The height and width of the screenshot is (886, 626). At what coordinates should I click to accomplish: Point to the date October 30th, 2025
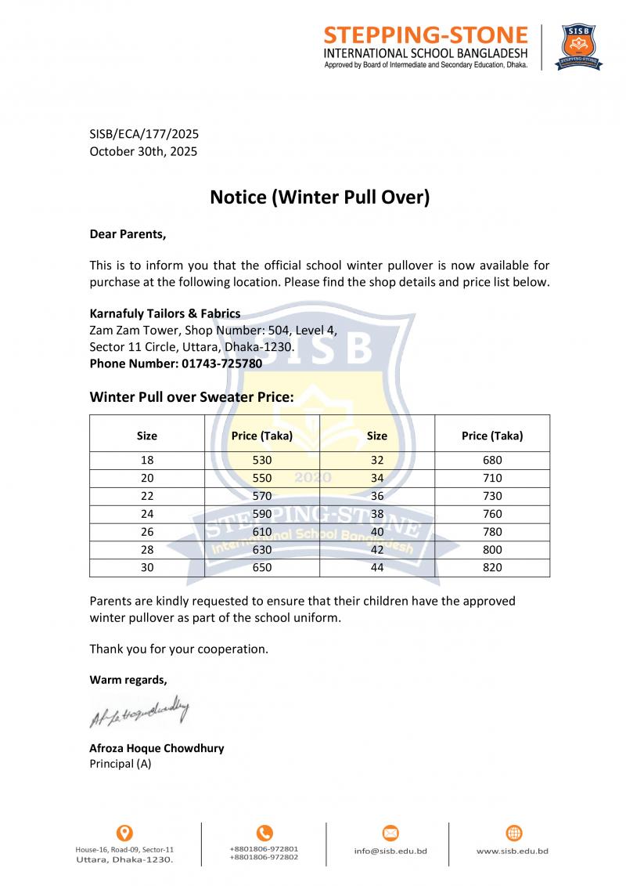coord(143,151)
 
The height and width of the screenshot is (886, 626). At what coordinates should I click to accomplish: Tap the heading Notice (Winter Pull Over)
coord(320,197)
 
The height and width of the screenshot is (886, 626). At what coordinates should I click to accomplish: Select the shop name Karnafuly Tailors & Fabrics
coord(165,313)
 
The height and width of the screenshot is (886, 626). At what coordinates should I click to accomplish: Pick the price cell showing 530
coord(261,460)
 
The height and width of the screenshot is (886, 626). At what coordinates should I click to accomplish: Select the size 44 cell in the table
coord(377,567)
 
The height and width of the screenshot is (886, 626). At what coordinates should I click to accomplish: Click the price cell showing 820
coord(492,567)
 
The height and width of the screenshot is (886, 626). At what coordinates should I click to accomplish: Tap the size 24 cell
coord(147,514)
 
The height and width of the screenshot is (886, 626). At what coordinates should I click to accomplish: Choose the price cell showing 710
coord(492,478)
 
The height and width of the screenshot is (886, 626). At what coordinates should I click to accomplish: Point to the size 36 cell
coord(377,496)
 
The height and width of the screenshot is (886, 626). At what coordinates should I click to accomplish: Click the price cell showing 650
coord(261,567)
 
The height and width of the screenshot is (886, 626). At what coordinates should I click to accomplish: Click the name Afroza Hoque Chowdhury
coord(156,748)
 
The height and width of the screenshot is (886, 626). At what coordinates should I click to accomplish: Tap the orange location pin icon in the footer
coord(124,833)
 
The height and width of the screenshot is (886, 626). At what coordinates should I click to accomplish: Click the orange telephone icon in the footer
coord(264,833)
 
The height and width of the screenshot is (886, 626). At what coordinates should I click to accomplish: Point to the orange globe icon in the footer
coord(514,833)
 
